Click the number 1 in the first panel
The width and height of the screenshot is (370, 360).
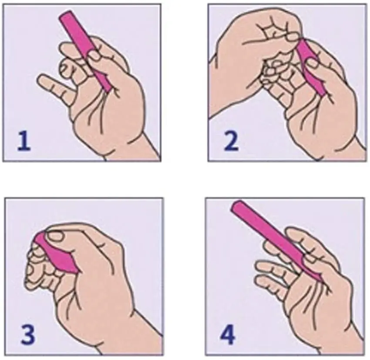coord(24,141)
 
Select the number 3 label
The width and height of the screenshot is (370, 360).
coord(25,335)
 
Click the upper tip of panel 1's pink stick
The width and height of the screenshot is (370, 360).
coord(65,15)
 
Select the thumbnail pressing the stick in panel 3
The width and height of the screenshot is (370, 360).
coord(55,237)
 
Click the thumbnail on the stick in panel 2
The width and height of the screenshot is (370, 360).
coord(313,64)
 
